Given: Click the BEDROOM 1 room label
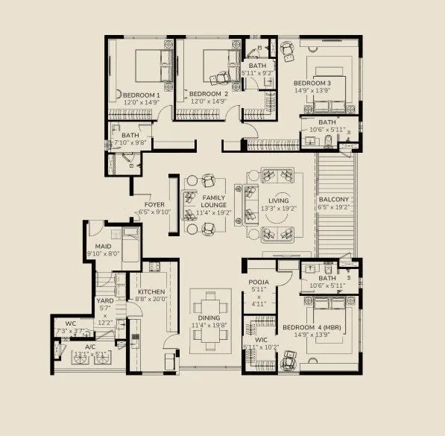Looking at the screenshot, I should click(142, 95).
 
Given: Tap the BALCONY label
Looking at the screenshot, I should click(334, 200).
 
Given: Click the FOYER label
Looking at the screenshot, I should click(154, 204).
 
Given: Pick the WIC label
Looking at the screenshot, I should click(250, 338).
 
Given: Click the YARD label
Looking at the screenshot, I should click(104, 301).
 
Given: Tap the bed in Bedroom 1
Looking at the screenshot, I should click(150, 67).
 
